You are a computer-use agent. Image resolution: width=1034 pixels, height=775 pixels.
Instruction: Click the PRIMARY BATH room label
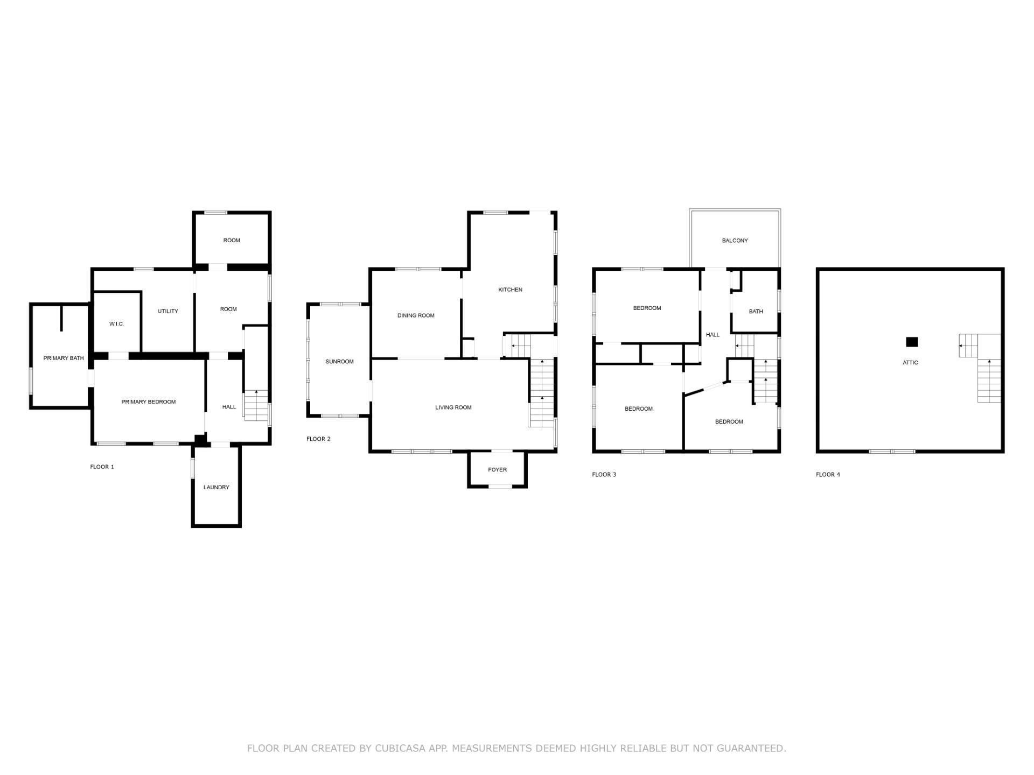tap(64, 358)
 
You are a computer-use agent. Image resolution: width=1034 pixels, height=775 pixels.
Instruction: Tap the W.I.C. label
tap(117, 324)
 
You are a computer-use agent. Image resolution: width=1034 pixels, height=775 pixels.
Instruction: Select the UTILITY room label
tap(168, 311)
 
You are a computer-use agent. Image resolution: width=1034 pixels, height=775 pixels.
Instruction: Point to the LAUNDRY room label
tap(216, 488)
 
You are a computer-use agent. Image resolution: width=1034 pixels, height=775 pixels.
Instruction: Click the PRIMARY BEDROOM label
tap(149, 402)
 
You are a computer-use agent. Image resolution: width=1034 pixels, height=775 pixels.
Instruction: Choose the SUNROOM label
tap(340, 362)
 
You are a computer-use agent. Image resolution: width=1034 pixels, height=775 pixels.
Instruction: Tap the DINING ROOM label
tap(416, 315)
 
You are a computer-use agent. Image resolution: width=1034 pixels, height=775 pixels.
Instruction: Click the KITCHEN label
tap(510, 290)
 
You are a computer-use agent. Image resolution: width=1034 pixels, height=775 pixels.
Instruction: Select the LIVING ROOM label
tap(453, 407)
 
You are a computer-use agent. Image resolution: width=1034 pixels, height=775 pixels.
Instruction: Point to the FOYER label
tap(498, 470)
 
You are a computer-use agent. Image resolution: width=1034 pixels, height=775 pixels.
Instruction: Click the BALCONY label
tap(735, 241)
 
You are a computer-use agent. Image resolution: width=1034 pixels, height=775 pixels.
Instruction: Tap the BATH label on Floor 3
tap(756, 312)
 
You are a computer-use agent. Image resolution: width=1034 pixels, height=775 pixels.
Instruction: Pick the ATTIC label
tap(911, 363)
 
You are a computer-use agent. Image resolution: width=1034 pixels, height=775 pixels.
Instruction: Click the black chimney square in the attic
tap(912, 342)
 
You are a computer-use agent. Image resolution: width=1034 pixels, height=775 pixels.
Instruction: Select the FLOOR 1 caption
tap(102, 467)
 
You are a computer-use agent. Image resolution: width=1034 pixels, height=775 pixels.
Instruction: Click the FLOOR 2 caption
tap(319, 439)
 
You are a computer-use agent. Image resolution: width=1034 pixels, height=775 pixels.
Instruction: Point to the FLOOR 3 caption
tap(604, 475)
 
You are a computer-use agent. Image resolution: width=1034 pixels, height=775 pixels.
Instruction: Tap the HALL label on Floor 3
tap(713, 335)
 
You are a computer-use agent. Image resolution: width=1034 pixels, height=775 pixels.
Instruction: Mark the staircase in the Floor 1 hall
tap(256, 405)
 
